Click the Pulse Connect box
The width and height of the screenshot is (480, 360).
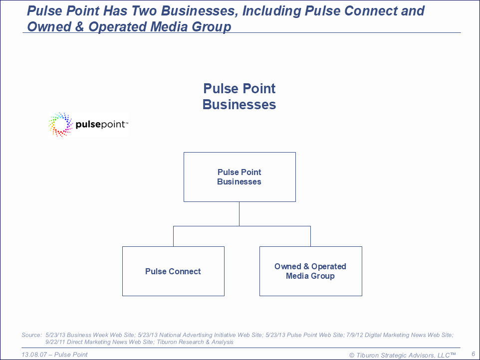[173, 271]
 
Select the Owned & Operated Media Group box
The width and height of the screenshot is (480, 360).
[311, 271]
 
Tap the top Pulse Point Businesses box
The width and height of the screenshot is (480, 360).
[240, 177]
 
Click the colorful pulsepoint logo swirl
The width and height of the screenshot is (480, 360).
[60, 125]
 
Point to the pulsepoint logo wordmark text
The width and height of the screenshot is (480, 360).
[102, 125]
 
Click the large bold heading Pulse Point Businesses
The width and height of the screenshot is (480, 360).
[239, 96]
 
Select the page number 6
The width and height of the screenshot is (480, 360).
[474, 354]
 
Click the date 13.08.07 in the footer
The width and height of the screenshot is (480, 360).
[34, 355]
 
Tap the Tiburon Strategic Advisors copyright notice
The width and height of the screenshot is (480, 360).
[403, 355]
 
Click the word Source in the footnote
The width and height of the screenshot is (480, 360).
[31, 335]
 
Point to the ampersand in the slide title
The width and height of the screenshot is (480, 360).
[79, 26]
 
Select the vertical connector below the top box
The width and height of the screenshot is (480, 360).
[240, 214]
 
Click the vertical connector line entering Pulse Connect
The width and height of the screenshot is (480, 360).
[173, 236]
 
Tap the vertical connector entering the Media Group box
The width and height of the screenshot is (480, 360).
[311, 236]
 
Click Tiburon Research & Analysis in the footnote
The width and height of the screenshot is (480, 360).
[195, 342]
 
